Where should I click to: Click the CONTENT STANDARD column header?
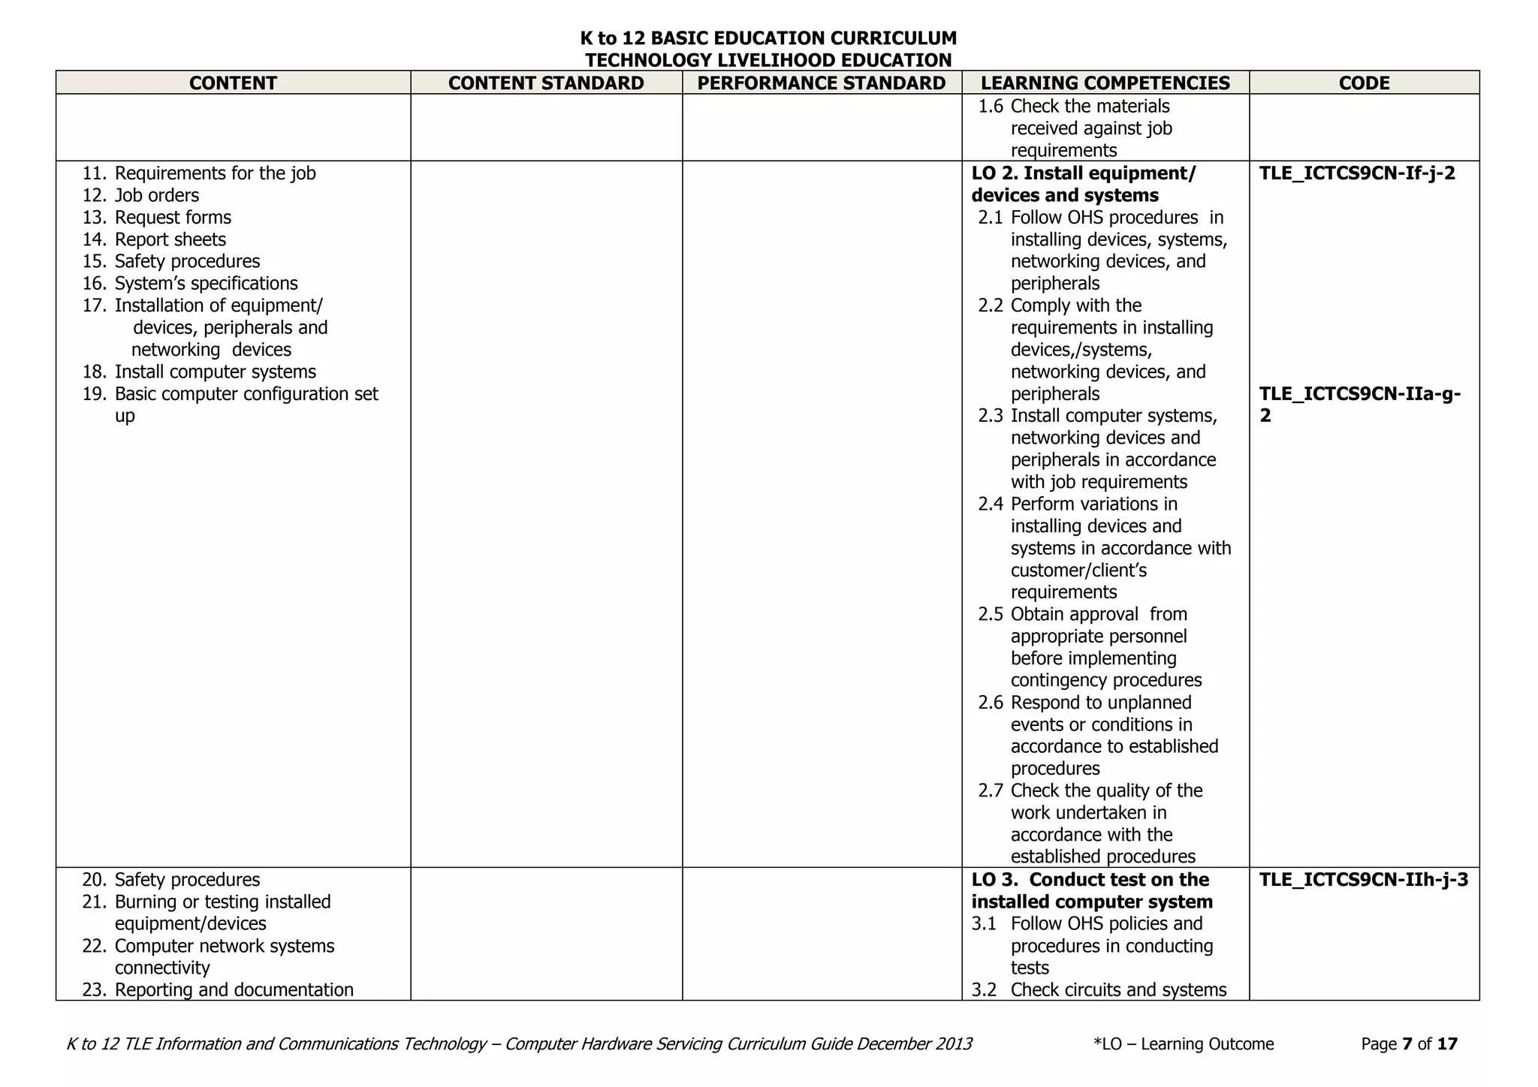[546, 83]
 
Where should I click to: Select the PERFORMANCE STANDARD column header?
[822, 83]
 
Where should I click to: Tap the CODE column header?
[1364, 83]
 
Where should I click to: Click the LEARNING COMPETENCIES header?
[1105, 83]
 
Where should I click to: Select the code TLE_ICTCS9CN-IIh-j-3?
[1363, 880]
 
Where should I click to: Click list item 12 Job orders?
[156, 196]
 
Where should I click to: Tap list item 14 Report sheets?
[170, 239]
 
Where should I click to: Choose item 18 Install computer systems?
[215, 372]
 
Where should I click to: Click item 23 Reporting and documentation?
[234, 990]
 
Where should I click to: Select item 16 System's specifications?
[206, 284]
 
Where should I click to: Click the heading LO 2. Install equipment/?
[1083, 173]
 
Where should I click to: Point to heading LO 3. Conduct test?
[1090, 880]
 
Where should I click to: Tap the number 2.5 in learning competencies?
[990, 615]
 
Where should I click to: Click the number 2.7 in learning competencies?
[990, 791]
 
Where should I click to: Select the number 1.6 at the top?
[990, 107]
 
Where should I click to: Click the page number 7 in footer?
[1407, 1044]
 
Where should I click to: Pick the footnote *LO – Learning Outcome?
[1184, 1044]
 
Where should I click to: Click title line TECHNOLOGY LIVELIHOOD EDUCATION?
[768, 60]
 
